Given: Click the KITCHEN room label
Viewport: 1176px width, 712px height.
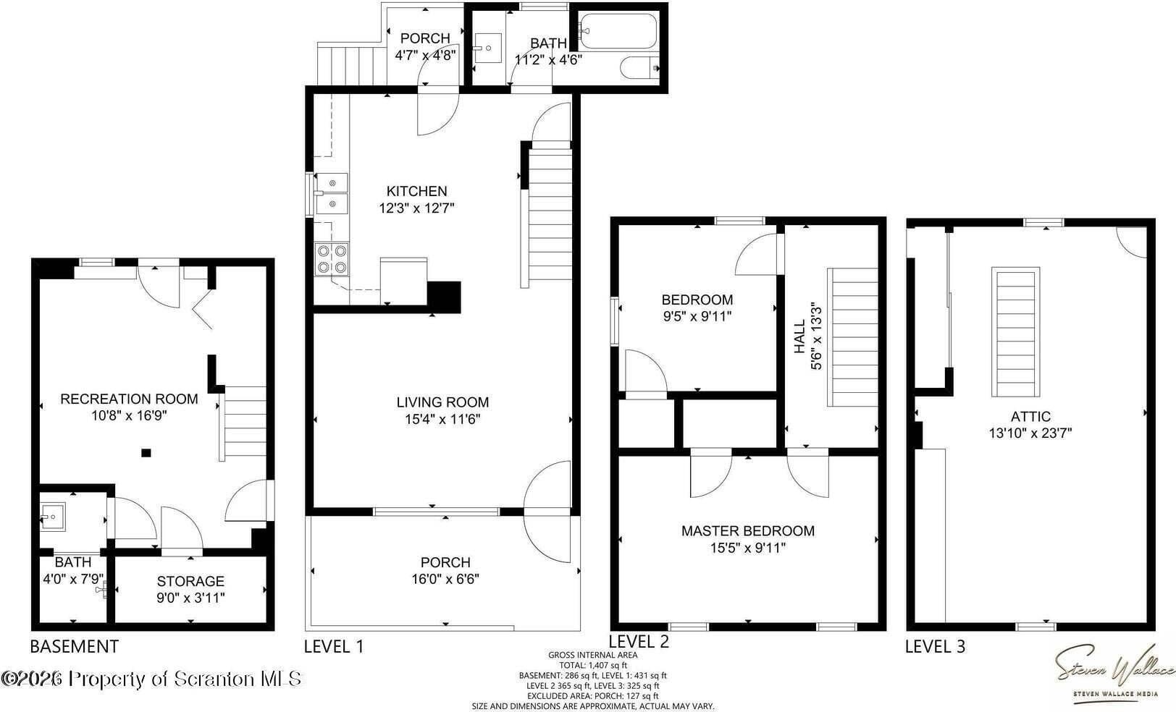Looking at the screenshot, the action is [417, 191].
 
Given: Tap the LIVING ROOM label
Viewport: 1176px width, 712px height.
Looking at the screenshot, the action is [442, 402].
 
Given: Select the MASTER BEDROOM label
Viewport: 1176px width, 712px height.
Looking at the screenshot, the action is [747, 531].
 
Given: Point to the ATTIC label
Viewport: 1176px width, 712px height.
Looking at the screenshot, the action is [1030, 417].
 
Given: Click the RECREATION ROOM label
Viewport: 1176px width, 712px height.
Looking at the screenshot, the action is [129, 399].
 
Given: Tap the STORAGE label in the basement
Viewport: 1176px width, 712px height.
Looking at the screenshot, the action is [190, 581].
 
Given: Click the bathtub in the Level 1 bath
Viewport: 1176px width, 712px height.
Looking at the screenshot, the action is [618, 32].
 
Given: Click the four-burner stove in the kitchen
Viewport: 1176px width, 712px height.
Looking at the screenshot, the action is [332, 259].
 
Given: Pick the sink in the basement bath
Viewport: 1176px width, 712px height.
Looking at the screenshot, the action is [52, 517].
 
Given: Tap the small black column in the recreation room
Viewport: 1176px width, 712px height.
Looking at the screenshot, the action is [146, 453].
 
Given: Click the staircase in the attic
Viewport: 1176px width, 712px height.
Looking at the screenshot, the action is [1016, 332].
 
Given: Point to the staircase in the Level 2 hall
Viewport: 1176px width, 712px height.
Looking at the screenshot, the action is [852, 337].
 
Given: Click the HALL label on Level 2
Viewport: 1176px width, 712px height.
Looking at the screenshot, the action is [799, 336].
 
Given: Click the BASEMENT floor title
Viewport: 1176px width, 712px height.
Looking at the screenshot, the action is [75, 646].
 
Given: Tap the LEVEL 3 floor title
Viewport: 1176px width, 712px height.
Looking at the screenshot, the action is [935, 646].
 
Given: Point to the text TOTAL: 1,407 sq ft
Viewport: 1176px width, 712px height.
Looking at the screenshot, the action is [593, 665].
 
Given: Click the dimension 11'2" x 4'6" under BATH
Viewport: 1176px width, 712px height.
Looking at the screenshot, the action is [549, 60].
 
